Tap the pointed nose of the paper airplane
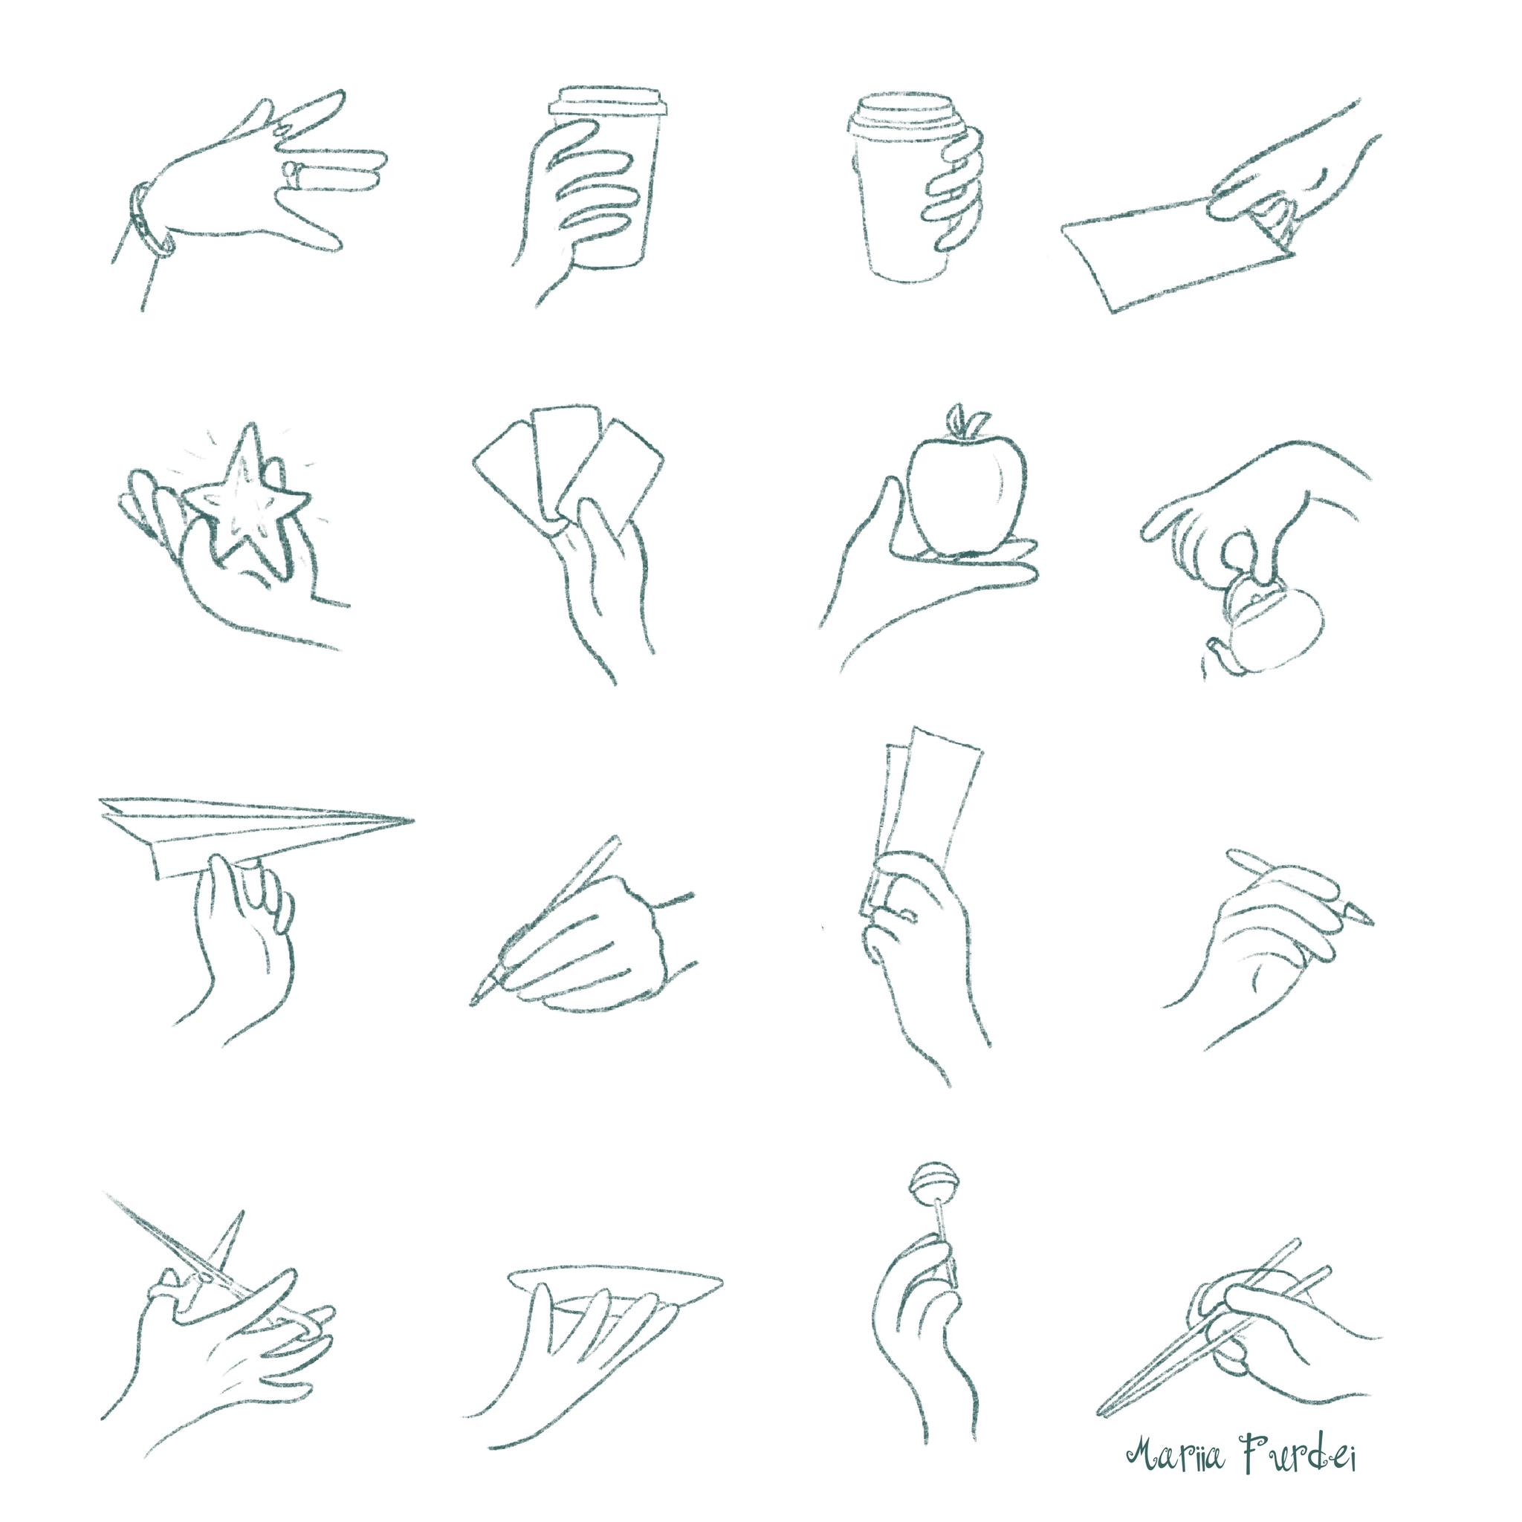412,821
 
